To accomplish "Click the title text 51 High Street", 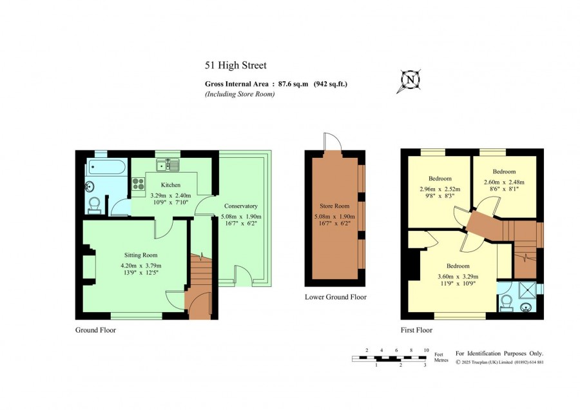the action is coord(236,66).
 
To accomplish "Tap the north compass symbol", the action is coord(410,81).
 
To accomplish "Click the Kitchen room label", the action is coord(171,185).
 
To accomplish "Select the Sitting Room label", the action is coord(140,255).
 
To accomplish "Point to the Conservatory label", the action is coord(241,206).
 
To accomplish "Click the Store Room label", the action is coord(334,206).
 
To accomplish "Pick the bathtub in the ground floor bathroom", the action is coord(106,167).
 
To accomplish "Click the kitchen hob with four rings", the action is coord(139,184).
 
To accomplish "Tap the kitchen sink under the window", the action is coord(168,165).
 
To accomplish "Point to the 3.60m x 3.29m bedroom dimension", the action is coord(458,277).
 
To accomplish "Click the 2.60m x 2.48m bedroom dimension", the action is coord(504,182).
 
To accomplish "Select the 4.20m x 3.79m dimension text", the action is coord(140,266).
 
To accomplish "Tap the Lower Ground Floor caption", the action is coord(336,297).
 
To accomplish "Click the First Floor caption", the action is coord(416,330).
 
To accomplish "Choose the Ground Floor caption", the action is coord(95,330).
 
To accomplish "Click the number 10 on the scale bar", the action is coord(426,350).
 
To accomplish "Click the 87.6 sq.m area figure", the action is coord(293,84).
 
